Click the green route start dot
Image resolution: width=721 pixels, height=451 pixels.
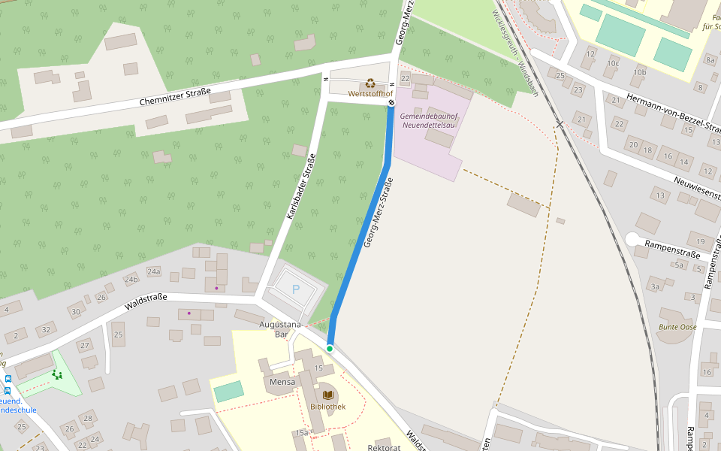330,349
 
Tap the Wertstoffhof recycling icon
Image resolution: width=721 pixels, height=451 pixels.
370,84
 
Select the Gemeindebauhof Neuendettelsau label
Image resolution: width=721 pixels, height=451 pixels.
429,120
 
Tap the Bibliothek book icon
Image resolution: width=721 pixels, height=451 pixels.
327,395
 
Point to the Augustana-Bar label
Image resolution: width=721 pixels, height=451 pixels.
279,328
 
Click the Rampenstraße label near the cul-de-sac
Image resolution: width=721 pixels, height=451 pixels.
672,249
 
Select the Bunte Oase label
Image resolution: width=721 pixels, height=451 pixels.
677,327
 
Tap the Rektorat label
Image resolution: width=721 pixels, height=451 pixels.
384,447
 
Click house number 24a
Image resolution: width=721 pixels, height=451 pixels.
154,271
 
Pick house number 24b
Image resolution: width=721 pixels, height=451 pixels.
131,280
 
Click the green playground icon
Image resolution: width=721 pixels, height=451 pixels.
57,374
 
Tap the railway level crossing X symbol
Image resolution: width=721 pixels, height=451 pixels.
560,123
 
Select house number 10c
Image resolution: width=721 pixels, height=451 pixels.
614,63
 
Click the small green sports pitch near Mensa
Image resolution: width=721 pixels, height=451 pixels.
228,391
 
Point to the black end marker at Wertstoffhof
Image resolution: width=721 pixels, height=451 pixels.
391,103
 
